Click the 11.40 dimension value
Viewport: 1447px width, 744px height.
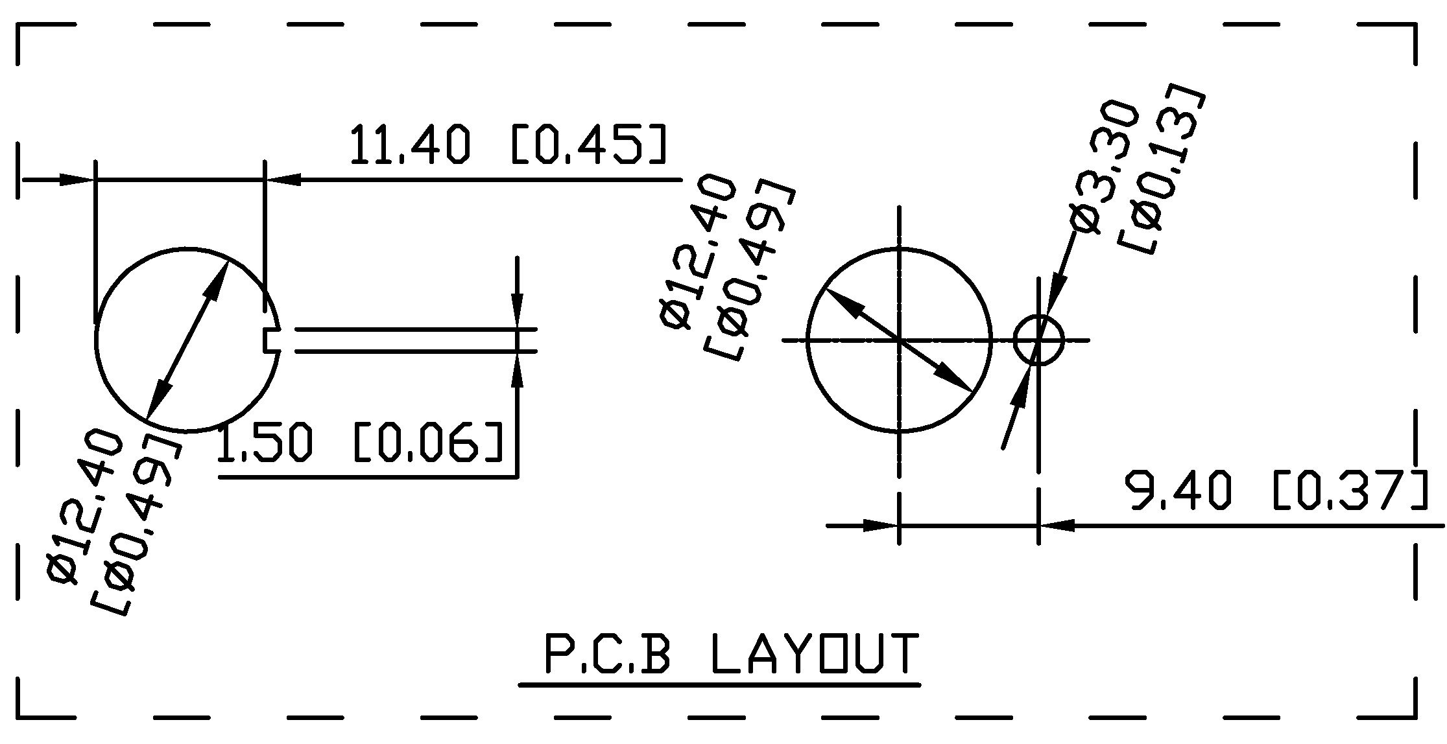click(409, 144)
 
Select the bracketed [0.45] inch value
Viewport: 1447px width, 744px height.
click(589, 144)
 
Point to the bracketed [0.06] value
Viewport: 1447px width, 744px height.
click(428, 443)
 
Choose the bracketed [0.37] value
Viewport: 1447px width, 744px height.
click(1351, 491)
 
